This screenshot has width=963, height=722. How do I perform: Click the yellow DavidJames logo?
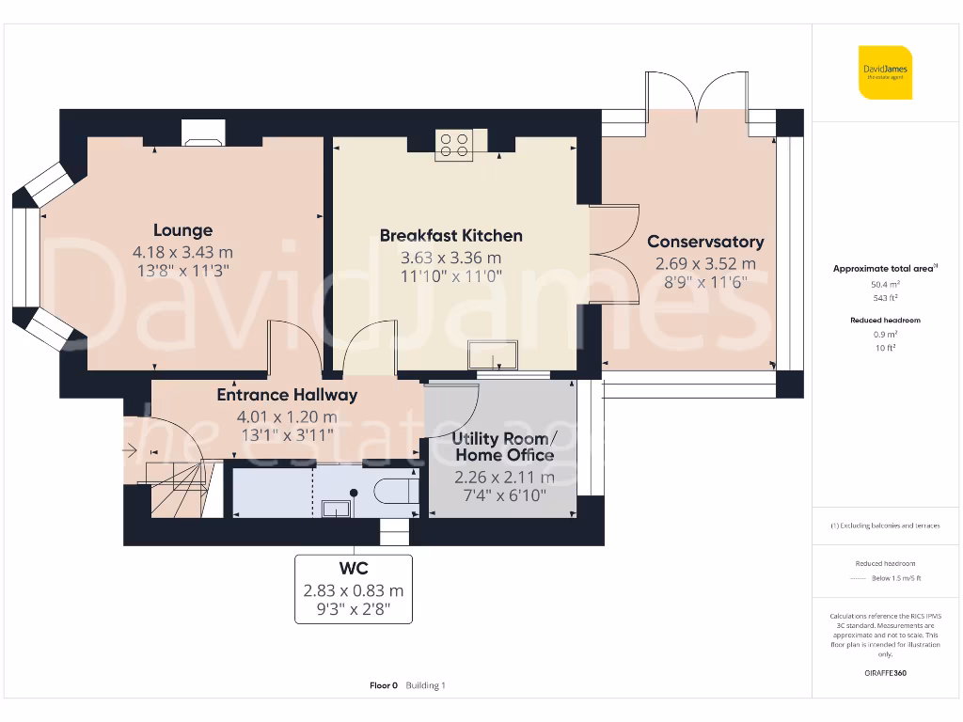pos(885,72)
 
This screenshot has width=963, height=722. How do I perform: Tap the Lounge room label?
pos(183,230)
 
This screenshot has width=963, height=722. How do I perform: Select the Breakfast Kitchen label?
pos(450,236)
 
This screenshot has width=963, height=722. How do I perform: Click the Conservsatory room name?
pos(705,242)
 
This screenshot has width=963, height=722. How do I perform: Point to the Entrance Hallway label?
pos(287,395)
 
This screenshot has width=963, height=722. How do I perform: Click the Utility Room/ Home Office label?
pos(505,447)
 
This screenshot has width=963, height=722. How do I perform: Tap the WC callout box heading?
pos(354,569)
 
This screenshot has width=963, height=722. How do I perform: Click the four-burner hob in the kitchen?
pos(454,146)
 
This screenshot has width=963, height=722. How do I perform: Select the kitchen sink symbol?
pos(493,354)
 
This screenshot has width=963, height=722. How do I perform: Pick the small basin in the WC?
pos(336,509)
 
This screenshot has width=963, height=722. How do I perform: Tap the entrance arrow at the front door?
pos(130,451)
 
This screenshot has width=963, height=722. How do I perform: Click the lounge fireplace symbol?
pos(203,133)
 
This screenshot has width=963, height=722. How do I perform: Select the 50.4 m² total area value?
pos(885,284)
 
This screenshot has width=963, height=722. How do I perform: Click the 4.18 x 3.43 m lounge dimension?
pos(183,252)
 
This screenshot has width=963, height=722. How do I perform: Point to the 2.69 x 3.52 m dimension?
pos(705,264)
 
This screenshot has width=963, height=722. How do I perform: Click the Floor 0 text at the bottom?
pos(384,685)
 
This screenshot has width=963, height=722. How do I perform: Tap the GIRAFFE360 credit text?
pos(885,673)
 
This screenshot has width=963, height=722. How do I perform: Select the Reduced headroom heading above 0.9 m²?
pos(885,320)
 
